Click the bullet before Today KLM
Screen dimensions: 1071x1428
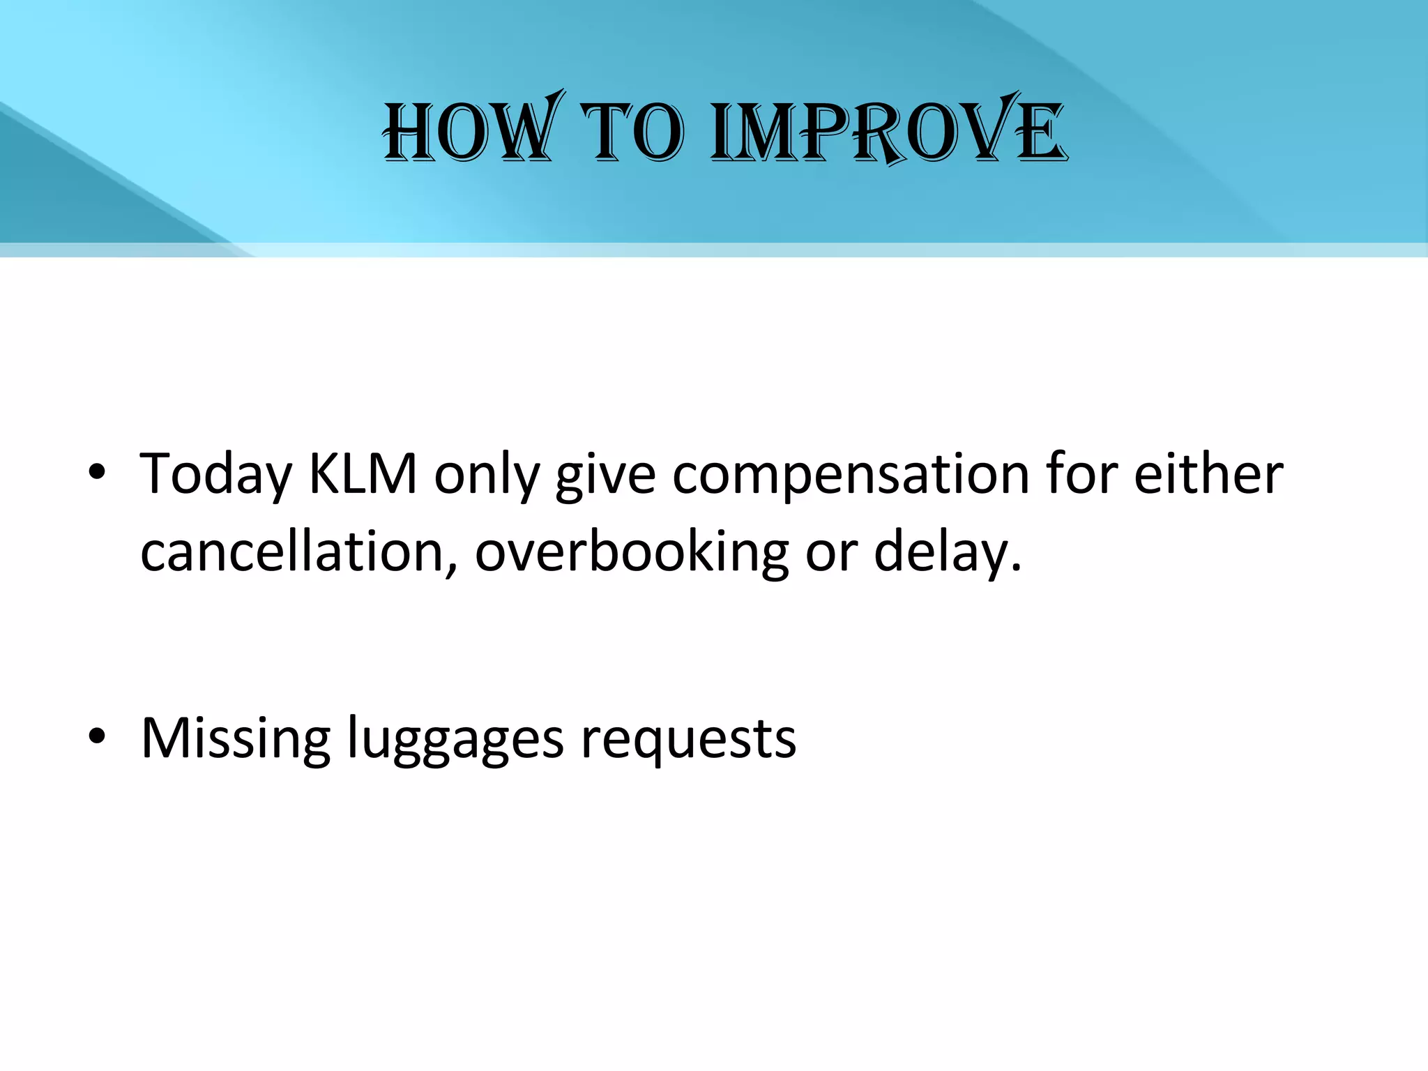tap(97, 473)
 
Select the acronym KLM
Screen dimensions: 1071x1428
tap(363, 474)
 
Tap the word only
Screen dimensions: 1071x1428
tap(487, 475)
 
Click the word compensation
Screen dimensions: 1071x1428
tap(851, 475)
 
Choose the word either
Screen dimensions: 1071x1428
tap(1208, 474)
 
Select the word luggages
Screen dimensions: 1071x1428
tap(455, 738)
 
